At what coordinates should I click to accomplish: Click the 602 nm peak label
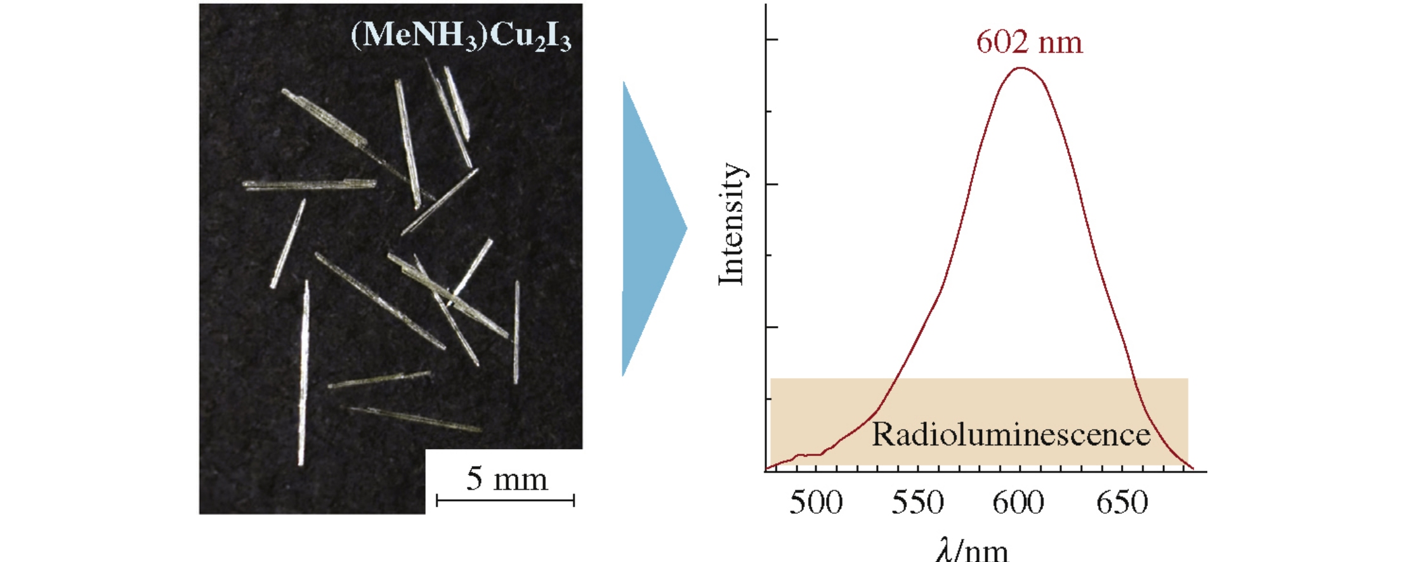click(x=1028, y=42)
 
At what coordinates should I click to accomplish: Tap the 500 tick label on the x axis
click(x=815, y=502)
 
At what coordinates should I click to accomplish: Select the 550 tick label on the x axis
click(x=917, y=502)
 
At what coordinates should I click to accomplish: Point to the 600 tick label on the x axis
click(x=1018, y=502)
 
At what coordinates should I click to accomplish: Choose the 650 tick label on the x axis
click(x=1122, y=502)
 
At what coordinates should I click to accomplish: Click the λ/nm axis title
click(x=971, y=549)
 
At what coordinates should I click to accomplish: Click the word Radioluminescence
click(x=1011, y=435)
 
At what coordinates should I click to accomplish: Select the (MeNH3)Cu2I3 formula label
click(x=461, y=36)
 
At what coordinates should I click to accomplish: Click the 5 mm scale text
click(x=506, y=479)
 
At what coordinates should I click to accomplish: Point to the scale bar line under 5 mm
click(x=505, y=500)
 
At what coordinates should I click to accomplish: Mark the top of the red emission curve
click(x=1020, y=68)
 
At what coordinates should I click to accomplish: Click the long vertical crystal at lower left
click(x=304, y=374)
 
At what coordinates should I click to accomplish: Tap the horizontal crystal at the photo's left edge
click(x=309, y=185)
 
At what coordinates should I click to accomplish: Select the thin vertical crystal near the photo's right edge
click(x=516, y=332)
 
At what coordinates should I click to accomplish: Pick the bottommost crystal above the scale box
click(x=414, y=419)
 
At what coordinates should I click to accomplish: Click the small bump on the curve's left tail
click(x=801, y=455)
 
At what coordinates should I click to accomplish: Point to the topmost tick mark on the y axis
click(x=771, y=39)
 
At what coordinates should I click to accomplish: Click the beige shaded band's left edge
click(x=771, y=422)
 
